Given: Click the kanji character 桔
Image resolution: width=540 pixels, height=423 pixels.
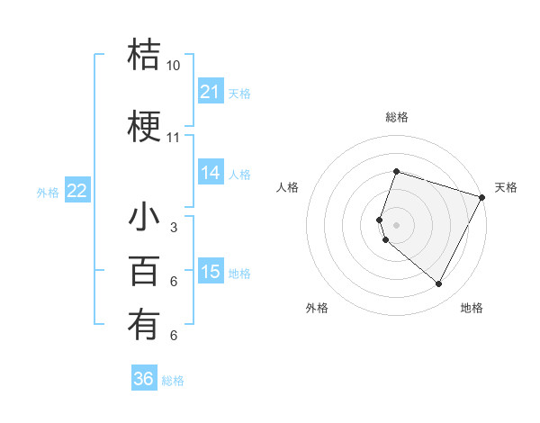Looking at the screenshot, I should point(144,56).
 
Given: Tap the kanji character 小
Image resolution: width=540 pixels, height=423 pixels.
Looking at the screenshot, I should point(144,219).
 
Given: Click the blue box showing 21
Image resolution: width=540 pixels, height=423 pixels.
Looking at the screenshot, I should point(211,92).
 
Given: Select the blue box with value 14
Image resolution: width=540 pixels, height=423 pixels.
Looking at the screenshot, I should point(211,174).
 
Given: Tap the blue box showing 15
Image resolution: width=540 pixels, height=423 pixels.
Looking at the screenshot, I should point(211,272).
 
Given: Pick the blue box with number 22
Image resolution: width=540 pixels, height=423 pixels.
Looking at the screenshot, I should point(77,191).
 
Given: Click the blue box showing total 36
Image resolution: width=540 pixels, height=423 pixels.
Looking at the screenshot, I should point(144,379).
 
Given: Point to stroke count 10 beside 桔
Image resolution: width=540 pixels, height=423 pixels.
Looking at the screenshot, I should point(174,66).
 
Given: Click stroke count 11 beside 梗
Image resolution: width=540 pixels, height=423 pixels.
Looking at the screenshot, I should point(174,138).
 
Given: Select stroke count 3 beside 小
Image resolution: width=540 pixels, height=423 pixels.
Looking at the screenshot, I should point(174,228).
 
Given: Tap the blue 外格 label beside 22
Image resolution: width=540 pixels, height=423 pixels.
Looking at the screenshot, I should point(48,192).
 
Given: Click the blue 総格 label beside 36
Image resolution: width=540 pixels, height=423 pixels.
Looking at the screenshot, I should point(174,381).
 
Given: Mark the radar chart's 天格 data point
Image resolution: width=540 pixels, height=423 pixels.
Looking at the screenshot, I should point(482,197).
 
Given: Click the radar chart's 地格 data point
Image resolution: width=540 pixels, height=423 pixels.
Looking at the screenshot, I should point(439,284).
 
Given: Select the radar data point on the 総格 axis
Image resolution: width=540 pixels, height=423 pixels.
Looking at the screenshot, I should point(396,171).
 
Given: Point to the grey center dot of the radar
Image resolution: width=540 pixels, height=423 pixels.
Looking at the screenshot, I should point(396,224).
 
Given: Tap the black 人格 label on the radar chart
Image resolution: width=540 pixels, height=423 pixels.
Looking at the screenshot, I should point(287,187).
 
